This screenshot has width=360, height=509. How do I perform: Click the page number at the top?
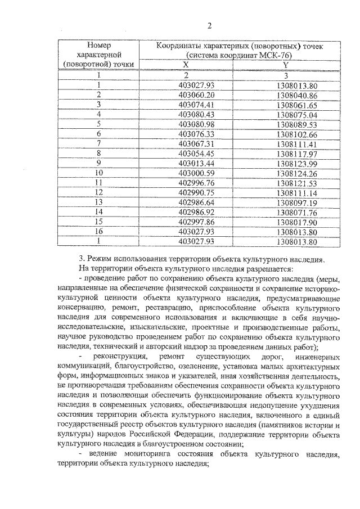(x=209, y=26)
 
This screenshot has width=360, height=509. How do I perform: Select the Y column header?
(x=286, y=65)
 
